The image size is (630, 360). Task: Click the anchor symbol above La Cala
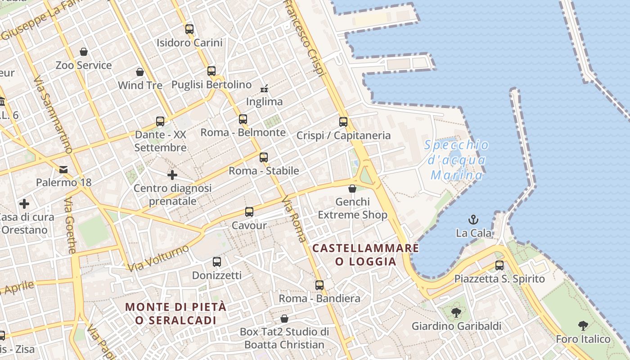tap(473, 220)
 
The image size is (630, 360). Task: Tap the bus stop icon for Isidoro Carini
tap(189, 29)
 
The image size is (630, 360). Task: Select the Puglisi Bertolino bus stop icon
tap(211, 71)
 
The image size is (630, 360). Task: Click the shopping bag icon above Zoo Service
tap(83, 52)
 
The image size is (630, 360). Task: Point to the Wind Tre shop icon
tap(140, 72)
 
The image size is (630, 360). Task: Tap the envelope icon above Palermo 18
tap(63, 169)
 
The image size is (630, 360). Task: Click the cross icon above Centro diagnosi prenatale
tap(172, 175)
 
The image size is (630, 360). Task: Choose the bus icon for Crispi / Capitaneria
tap(343, 122)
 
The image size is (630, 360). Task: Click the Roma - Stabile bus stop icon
tap(264, 157)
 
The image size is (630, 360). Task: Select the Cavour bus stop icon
tap(249, 212)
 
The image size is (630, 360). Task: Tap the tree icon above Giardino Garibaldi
tap(456, 312)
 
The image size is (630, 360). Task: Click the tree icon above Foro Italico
tap(583, 326)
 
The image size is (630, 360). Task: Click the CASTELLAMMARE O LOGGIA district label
tap(365, 255)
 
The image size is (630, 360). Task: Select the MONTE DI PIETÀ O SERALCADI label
tap(175, 313)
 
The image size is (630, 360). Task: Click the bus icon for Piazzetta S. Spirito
tap(499, 265)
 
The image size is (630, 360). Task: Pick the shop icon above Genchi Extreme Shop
tap(352, 189)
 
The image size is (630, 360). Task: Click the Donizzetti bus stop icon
tap(217, 262)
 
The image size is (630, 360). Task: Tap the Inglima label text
tap(265, 102)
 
